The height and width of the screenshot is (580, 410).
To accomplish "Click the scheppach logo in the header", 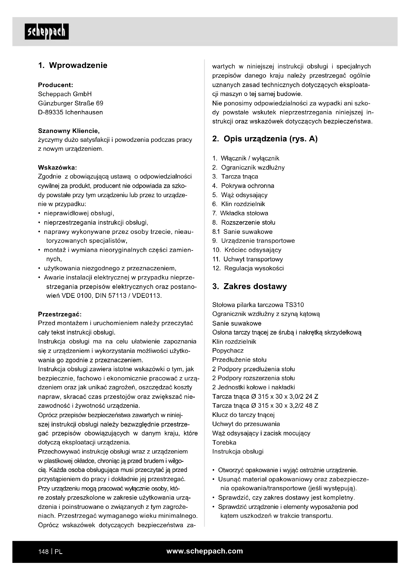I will [47, 32].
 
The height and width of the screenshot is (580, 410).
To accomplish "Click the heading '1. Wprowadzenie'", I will [73, 65].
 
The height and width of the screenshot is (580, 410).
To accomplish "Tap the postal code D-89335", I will [51, 112].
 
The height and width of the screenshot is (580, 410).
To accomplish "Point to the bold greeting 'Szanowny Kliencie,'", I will [69, 131].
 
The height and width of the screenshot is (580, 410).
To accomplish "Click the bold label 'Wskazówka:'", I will [57, 167].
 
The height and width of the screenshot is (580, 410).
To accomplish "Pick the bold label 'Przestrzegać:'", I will [59, 314].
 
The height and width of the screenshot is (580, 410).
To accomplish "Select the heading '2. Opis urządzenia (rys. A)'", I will [265, 139].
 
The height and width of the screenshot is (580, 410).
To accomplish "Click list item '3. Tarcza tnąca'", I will [235, 177].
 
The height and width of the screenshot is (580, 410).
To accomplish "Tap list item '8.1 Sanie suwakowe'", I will [242, 232].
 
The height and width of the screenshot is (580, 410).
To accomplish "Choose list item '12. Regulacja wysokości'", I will [248, 268].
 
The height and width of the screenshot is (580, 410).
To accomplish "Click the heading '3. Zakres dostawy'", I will [249, 286].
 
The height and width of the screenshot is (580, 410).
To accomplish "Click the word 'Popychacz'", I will [228, 351].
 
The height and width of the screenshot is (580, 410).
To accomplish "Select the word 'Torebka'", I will [224, 443].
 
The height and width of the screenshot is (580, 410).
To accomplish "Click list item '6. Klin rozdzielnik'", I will [238, 204].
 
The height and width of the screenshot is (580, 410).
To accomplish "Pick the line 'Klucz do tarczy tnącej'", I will [243, 415].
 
